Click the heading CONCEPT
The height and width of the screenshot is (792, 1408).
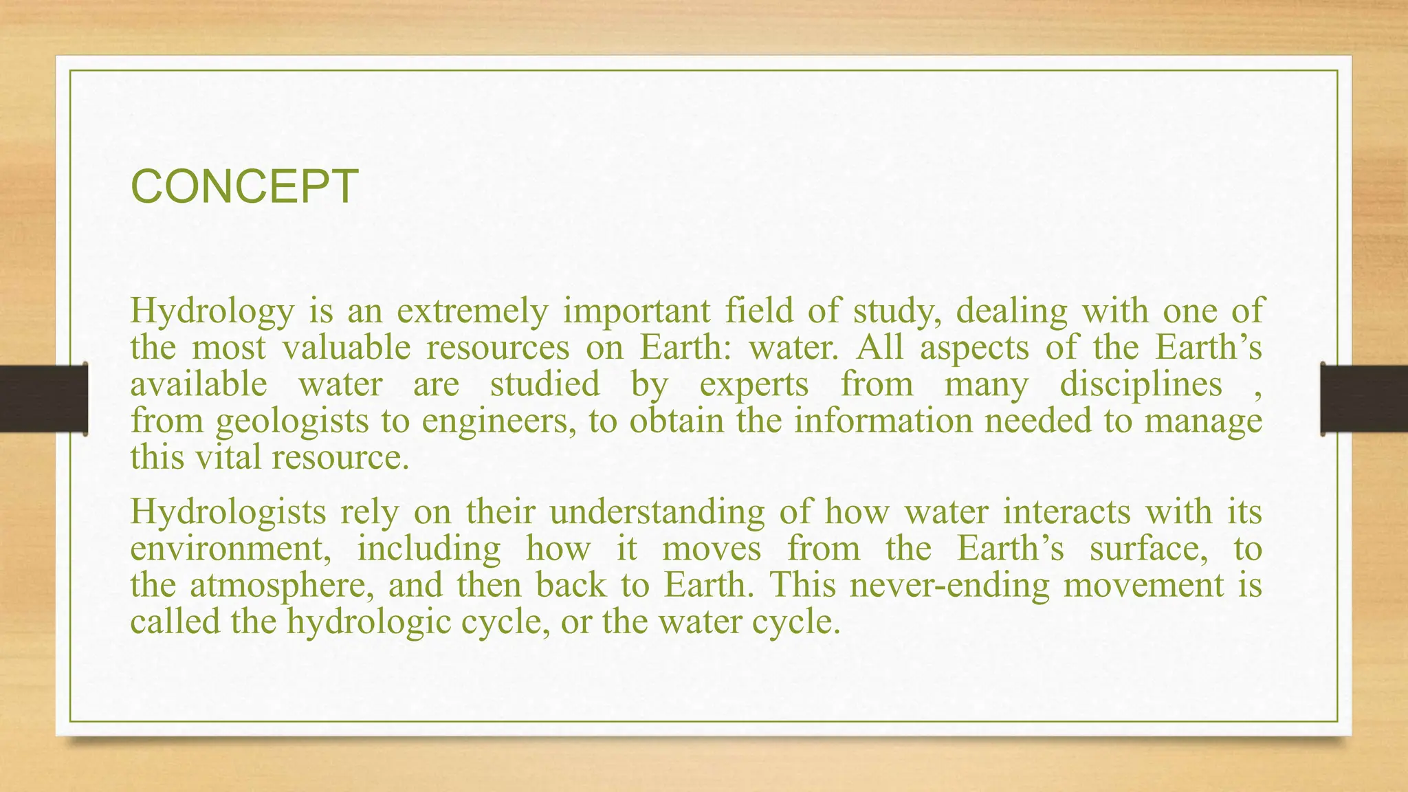(244, 187)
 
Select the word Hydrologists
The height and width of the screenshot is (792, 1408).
(228, 512)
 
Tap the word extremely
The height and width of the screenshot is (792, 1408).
(472, 311)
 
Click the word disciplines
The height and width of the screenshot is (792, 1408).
(1141, 384)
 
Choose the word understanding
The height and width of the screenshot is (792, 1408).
(657, 512)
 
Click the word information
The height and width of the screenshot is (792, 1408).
(883, 421)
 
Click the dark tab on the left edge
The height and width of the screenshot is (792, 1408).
(43, 399)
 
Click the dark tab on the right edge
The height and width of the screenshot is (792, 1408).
(1364, 399)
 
